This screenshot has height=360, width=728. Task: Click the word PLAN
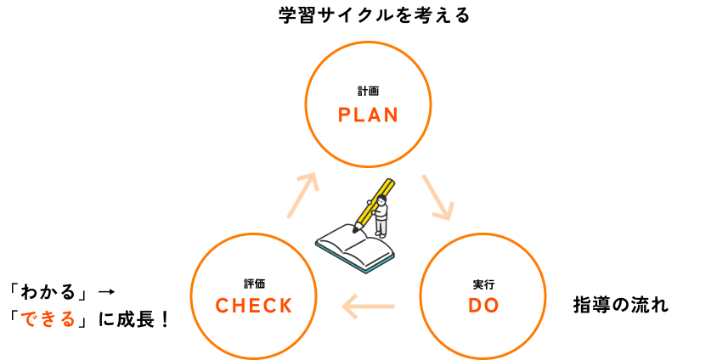tap(368, 115)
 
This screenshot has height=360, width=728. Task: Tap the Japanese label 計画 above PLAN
tap(368, 91)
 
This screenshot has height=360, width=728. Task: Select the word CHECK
tap(253, 306)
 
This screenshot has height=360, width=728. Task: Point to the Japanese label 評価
tap(254, 284)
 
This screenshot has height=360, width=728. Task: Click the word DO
tap(483, 306)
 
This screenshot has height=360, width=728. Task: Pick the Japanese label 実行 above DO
tap(483, 284)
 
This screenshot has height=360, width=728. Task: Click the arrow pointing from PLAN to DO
tap(438, 198)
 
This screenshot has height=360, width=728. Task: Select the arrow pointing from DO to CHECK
tap(368, 306)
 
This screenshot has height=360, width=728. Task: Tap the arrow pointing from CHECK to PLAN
tap(302, 194)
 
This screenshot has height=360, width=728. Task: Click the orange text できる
tap(48, 319)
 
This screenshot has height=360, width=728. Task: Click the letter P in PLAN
tap(344, 115)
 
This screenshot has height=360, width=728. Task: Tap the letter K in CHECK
tap(286, 306)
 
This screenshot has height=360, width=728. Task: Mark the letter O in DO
tap(492, 306)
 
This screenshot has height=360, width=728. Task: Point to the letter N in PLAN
tap(392, 115)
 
